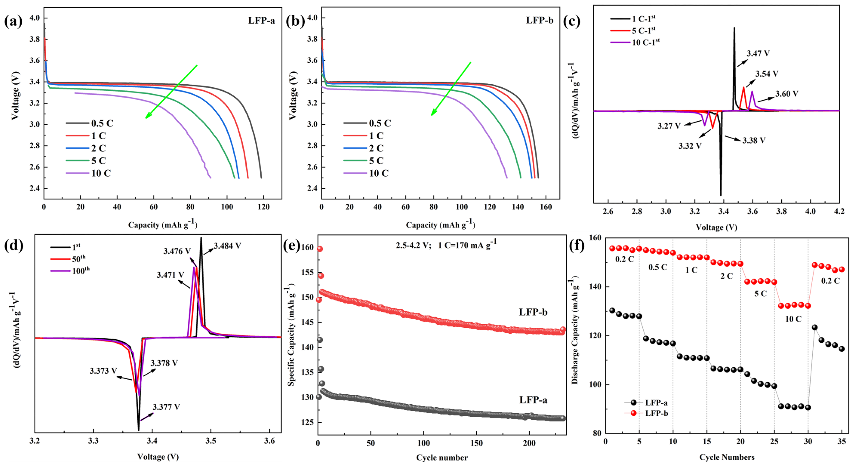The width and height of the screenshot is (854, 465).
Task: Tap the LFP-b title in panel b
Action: click(539, 21)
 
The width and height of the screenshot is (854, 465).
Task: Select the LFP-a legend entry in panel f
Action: click(656, 403)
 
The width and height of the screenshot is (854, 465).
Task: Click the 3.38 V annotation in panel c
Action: click(754, 141)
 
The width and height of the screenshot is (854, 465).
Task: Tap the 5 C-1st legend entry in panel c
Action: click(643, 30)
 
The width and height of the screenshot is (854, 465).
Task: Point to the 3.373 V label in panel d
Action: click(103, 371)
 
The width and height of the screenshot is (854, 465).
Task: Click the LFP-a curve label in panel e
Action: click(533, 400)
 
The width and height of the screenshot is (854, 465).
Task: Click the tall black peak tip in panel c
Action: click(734, 28)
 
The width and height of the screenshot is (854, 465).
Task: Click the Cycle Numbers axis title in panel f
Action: click(727, 457)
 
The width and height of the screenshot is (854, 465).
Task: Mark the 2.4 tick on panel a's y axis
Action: click(35, 188)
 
